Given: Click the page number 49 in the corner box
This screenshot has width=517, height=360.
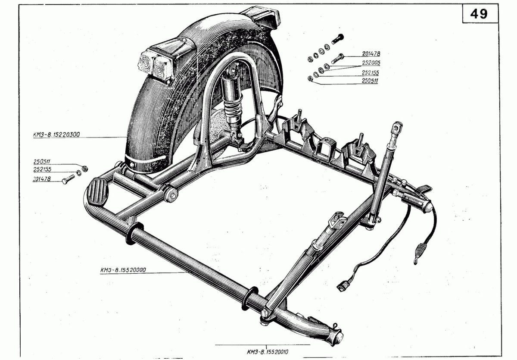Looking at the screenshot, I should pos(479,14).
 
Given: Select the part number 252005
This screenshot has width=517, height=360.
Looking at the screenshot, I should pos(368,63).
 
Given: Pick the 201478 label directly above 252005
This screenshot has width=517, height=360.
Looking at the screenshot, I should pos(369,54).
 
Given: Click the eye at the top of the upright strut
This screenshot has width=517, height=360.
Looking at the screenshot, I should pos(397,128).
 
